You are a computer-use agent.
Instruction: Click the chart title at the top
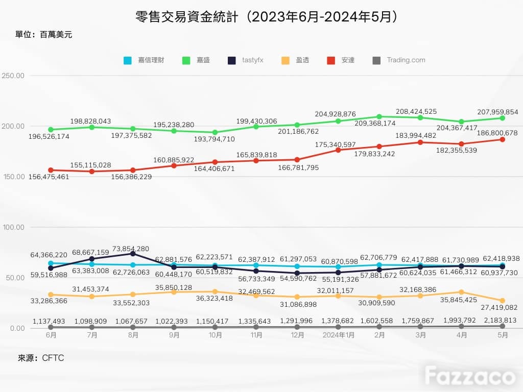click(266, 17)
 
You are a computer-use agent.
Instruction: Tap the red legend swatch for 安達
click(331, 60)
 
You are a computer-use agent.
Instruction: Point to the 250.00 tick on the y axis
click(13, 76)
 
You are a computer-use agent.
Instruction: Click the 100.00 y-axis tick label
click(14, 227)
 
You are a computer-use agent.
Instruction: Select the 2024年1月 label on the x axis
click(338, 335)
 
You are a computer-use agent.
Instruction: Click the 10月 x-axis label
click(215, 335)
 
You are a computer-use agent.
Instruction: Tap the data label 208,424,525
click(416, 111)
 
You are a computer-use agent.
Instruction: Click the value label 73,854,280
click(131, 249)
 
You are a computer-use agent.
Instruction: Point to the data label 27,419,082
click(499, 307)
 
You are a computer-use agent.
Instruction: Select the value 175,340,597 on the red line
click(335, 144)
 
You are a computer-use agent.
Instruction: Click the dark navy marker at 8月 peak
click(133, 254)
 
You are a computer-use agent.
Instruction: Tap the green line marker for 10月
click(215, 132)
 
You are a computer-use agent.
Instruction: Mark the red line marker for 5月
click(503, 139)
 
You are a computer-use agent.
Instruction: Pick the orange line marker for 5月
click(503, 300)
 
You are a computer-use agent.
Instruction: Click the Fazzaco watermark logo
click(470, 376)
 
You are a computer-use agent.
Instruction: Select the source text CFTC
click(53, 358)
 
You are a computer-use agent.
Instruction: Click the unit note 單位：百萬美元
click(44, 35)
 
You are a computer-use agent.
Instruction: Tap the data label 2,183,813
click(501, 320)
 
